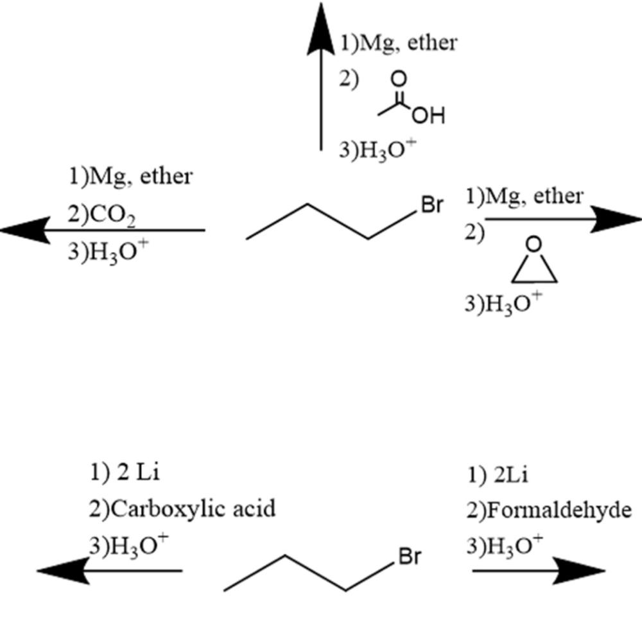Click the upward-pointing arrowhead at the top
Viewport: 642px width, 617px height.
click(x=321, y=29)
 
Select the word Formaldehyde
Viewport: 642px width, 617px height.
click(x=555, y=510)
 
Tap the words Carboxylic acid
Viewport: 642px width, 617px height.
click(x=182, y=508)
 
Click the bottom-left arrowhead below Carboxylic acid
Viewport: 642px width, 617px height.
click(x=60, y=570)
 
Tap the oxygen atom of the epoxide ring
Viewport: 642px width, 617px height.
click(x=534, y=245)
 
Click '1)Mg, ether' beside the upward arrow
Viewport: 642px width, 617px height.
click(x=398, y=43)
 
